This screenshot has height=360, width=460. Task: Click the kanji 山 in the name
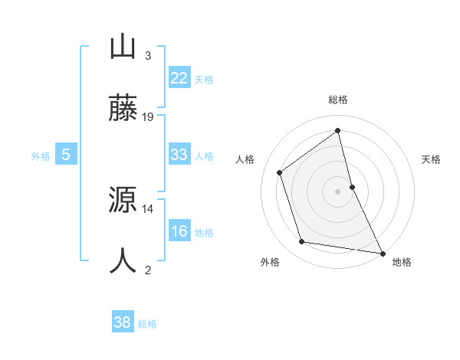(123, 47)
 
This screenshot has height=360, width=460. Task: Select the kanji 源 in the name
(123, 201)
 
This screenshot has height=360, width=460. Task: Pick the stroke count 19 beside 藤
(148, 117)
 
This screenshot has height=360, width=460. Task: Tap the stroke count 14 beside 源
(148, 208)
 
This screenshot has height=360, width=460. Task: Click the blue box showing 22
(179, 78)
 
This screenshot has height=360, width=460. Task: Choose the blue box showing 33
(179, 155)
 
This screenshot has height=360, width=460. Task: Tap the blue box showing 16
(179, 231)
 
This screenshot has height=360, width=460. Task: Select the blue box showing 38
(122, 322)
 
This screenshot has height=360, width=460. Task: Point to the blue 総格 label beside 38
(147, 324)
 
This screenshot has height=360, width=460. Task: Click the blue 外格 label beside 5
(41, 156)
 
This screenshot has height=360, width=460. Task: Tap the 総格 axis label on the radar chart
(338, 100)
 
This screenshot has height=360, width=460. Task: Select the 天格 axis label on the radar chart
(432, 159)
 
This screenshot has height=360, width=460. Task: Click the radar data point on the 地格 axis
(382, 252)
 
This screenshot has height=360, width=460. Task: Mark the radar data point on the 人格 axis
(280, 172)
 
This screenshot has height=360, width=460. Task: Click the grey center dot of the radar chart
(338, 191)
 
